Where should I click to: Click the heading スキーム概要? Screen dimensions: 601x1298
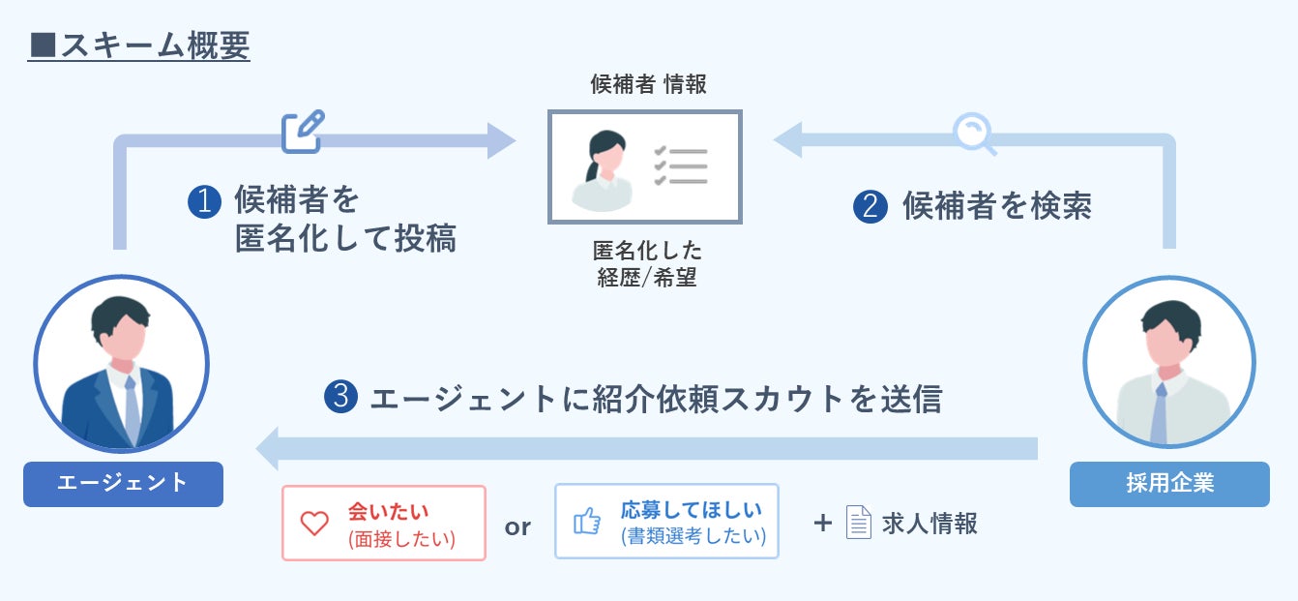tap(139, 45)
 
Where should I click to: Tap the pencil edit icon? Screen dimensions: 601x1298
tap(303, 133)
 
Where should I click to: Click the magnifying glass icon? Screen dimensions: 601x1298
tap(973, 135)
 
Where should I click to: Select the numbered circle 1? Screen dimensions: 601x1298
tap(205, 201)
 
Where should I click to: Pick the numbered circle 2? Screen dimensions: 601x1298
tap(870, 207)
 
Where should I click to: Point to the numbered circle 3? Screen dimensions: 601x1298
tap(341, 397)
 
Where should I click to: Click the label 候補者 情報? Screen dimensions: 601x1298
tap(648, 84)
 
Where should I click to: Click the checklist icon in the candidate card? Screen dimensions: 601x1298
tap(681, 166)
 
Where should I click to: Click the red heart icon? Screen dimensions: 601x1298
tap(314, 524)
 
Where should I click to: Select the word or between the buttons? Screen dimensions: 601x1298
tap(518, 526)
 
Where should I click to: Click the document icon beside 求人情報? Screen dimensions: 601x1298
tap(858, 523)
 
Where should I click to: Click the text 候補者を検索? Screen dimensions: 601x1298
tap(996, 206)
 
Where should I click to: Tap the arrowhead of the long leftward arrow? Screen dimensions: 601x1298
tap(271, 448)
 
